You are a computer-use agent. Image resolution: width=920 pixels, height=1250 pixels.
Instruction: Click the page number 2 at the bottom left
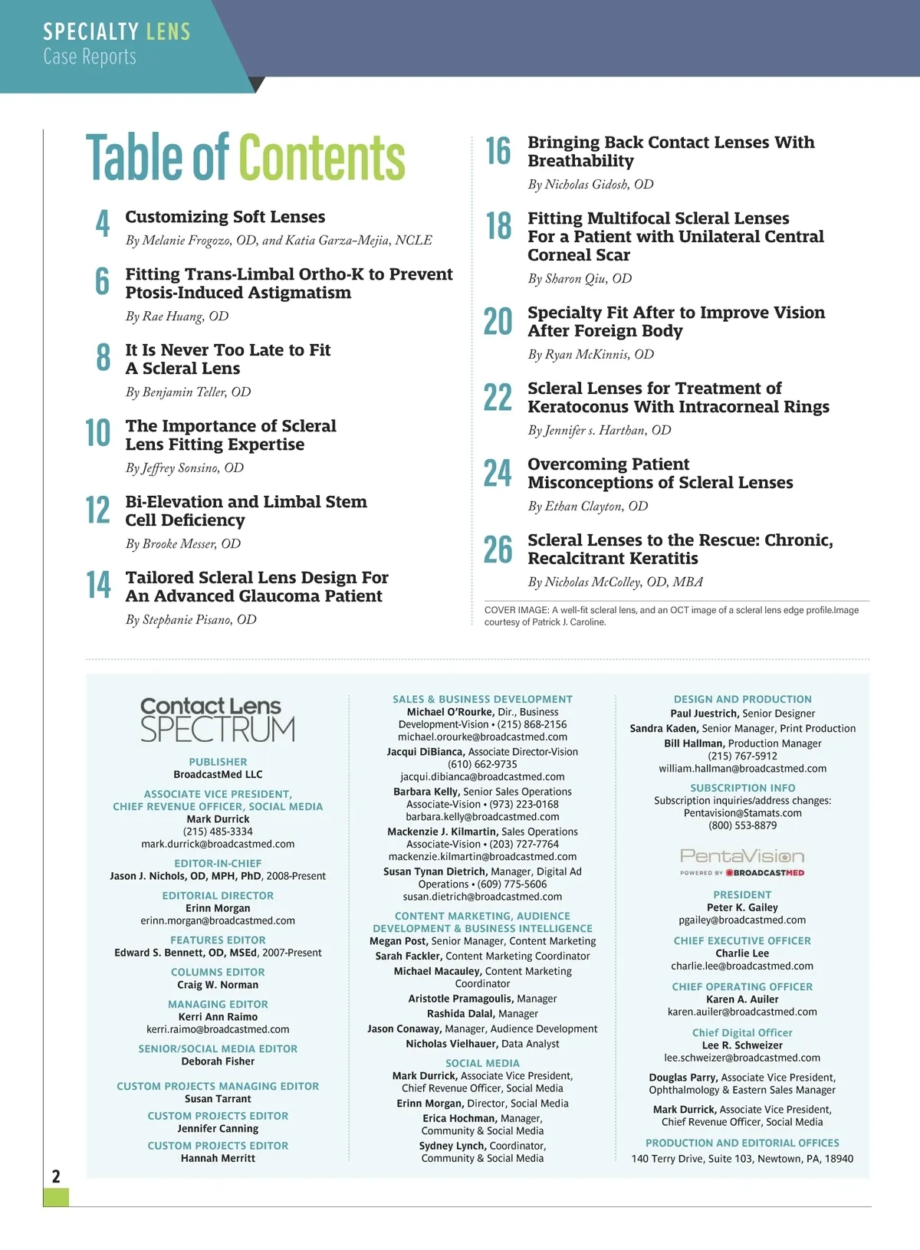56,1176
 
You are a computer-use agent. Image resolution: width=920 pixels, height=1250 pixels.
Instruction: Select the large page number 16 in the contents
498,151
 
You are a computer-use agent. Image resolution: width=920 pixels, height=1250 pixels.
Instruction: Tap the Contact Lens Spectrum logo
218,719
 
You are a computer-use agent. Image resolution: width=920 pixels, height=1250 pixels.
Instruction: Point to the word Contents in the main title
322,158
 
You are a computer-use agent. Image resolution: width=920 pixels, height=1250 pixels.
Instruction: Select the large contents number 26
498,550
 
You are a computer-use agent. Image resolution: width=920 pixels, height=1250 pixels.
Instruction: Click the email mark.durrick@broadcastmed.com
218,844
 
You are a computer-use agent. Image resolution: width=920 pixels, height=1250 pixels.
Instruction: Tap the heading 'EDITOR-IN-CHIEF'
218,863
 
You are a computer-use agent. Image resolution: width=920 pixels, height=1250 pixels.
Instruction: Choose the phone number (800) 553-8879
742,825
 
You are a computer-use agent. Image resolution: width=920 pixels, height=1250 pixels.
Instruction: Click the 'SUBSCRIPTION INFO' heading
742,788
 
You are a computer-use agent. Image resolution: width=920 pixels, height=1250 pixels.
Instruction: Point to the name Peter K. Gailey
742,907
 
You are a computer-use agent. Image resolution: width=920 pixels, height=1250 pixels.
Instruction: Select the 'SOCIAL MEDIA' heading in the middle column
482,1063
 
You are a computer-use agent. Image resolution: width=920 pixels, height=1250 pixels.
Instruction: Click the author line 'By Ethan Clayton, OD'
588,507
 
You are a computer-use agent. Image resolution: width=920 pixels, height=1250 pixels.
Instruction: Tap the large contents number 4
103,224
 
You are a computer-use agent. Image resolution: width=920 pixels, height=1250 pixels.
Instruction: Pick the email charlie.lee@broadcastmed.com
742,966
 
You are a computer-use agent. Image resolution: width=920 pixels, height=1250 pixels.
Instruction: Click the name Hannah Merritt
218,1158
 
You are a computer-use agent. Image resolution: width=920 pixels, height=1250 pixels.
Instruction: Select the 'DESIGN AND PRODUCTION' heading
742,699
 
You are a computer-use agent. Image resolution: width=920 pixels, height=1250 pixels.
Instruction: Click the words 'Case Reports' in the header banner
90,57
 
